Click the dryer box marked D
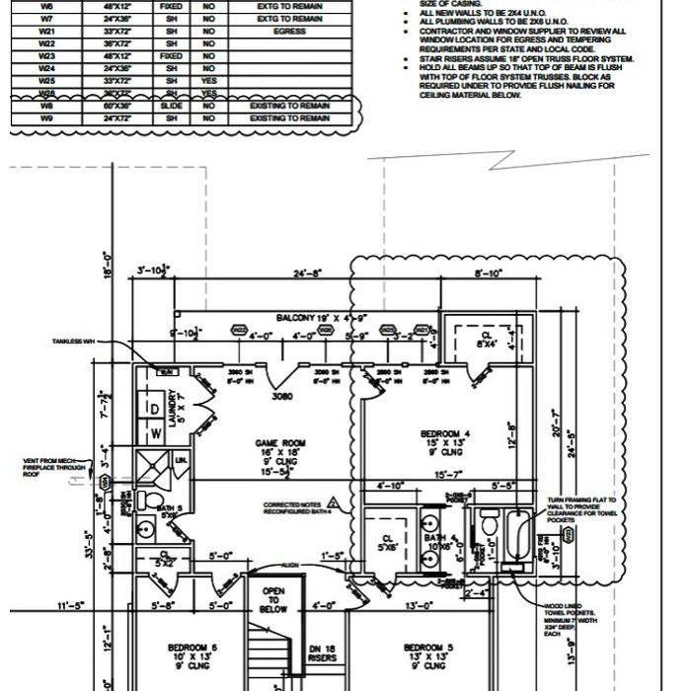155,409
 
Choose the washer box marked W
155,434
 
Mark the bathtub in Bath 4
515,541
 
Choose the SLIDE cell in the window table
171,104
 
